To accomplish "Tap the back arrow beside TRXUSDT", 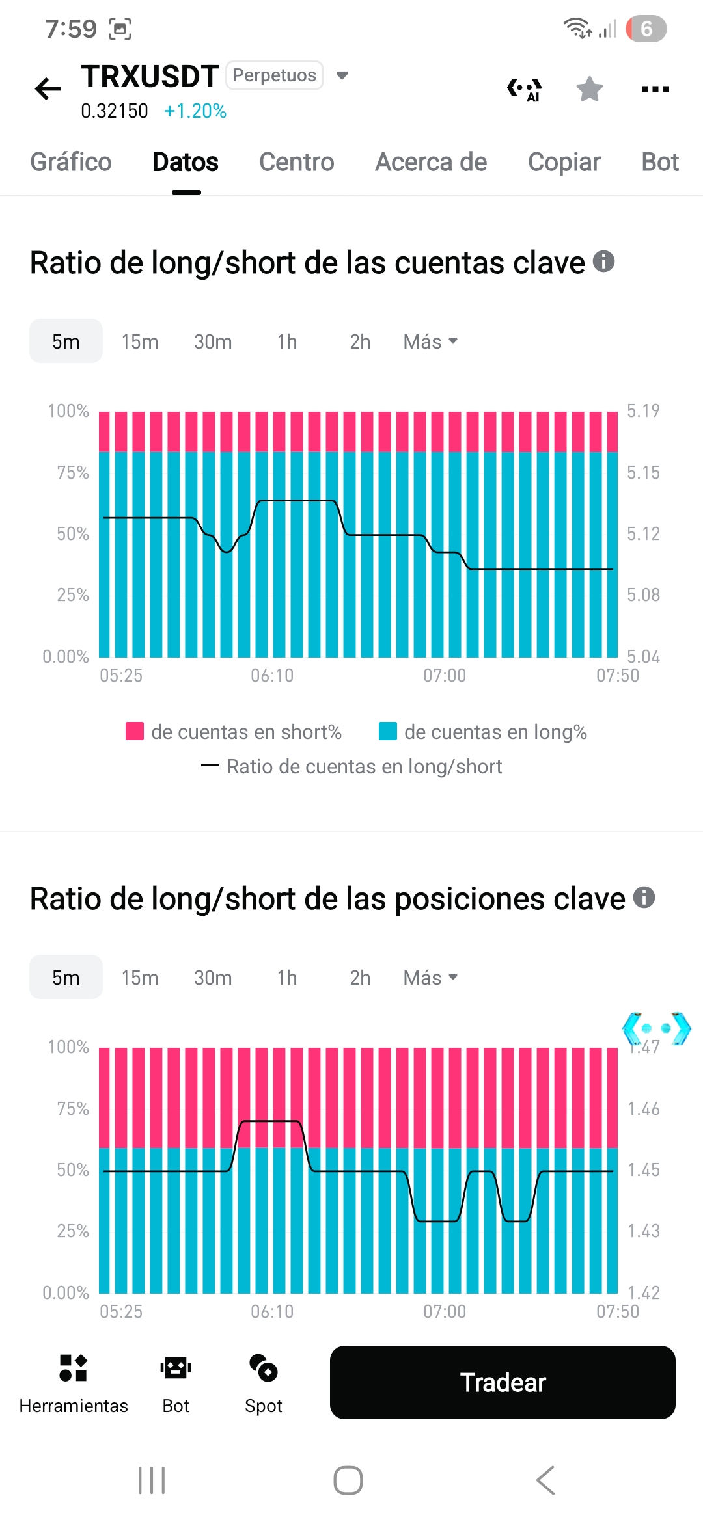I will tap(48, 88).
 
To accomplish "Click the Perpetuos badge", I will tap(274, 75).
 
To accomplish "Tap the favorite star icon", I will tap(589, 89).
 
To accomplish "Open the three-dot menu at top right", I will tap(655, 89).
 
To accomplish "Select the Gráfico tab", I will tap(71, 162).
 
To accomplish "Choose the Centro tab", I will tap(296, 162).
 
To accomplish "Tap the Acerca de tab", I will tap(431, 162).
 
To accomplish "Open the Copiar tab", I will tap(564, 162).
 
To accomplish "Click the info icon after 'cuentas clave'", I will tap(603, 261).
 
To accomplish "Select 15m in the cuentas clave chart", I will tap(140, 341).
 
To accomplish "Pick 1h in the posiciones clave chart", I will tap(287, 978).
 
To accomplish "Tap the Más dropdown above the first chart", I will tap(430, 341).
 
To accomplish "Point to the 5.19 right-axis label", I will tap(643, 410).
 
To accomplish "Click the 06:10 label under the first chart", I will tap(272, 676).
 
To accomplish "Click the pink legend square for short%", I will tap(135, 731).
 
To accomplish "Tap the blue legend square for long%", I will tap(388, 731).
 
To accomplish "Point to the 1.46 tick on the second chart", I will tap(643, 1108).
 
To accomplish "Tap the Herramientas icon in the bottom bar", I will tap(73, 1367).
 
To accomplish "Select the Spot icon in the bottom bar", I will tap(264, 1367).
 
